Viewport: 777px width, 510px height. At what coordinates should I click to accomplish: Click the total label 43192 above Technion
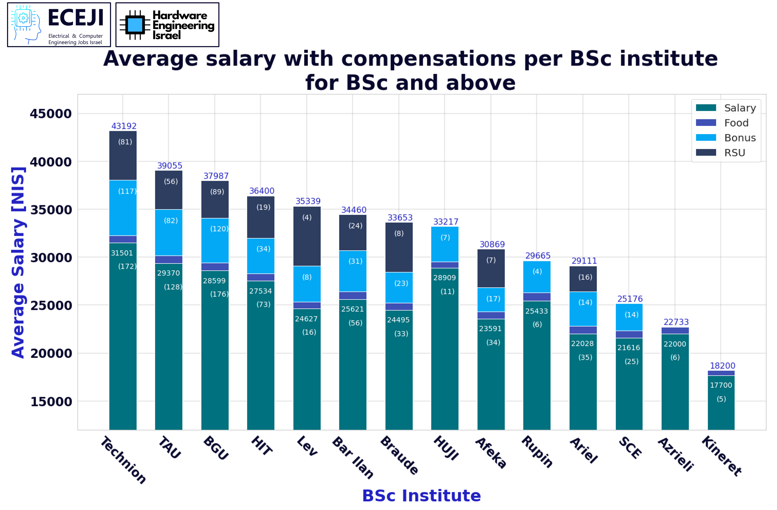pos(124,126)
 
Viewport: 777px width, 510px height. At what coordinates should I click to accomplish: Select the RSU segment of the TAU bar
pos(169,190)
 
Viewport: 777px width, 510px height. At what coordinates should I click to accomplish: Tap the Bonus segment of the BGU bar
pos(215,240)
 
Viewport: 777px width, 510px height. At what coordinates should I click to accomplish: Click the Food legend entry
pos(736,123)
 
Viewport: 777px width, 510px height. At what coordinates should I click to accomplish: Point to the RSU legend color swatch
pos(706,152)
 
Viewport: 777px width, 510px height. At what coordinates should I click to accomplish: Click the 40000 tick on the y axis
pos(51,162)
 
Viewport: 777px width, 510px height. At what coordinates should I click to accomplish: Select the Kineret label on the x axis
pos(722,456)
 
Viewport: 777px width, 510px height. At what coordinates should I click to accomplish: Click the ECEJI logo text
pos(76,18)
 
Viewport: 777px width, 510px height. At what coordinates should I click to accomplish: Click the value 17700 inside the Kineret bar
pos(721,385)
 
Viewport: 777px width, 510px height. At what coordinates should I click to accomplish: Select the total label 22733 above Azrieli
pos(676,322)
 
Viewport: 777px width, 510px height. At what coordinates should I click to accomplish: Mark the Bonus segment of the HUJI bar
pos(445,244)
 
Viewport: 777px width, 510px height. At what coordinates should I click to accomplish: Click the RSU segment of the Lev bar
pos(307,236)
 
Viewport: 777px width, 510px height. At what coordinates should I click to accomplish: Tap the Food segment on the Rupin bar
pos(537,297)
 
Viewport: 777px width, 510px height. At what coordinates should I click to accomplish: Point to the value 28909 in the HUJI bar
pos(444,278)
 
